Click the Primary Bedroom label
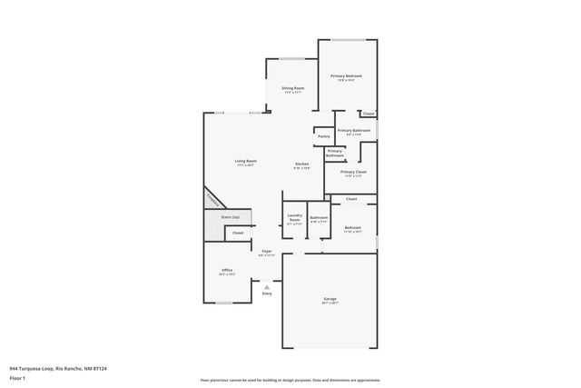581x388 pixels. pyautogui.click(x=346, y=75)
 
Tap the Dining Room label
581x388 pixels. pyautogui.click(x=292, y=88)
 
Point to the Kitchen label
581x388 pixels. pyautogui.click(x=301, y=164)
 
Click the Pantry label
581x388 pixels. pyautogui.click(x=323, y=136)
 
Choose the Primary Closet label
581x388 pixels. pyautogui.click(x=353, y=172)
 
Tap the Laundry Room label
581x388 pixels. pyautogui.click(x=294, y=219)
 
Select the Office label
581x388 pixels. pyautogui.click(x=227, y=271)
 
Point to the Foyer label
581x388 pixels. pyautogui.click(x=267, y=251)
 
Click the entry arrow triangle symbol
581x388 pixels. pyautogui.click(x=267, y=285)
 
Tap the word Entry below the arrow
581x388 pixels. pyautogui.click(x=267, y=293)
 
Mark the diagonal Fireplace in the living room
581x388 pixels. pyautogui.click(x=212, y=199)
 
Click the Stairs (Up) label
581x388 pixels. pyautogui.click(x=230, y=217)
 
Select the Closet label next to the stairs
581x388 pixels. pyautogui.click(x=238, y=233)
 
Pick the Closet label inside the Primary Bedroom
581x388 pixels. pyautogui.click(x=368, y=114)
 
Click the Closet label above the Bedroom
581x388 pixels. pyautogui.click(x=351, y=198)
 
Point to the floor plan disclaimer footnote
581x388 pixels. pyautogui.click(x=290, y=380)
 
